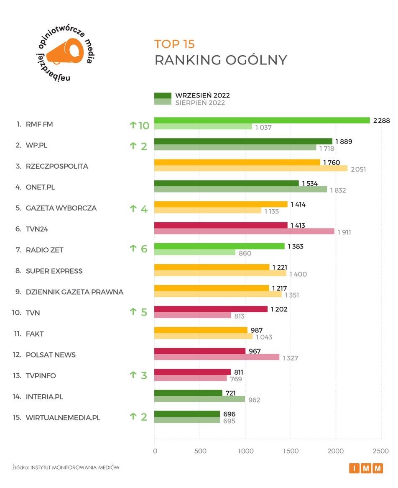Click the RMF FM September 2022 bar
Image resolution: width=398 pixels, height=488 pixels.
click(x=262, y=121)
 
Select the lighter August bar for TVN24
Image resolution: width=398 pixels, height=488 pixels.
click(x=244, y=231)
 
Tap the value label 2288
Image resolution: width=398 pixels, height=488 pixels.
click(x=381, y=121)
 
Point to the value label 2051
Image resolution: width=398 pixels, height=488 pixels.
click(x=357, y=169)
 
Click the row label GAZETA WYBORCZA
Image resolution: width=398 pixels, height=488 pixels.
click(x=61, y=208)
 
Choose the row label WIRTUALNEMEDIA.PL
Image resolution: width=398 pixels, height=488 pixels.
click(x=63, y=418)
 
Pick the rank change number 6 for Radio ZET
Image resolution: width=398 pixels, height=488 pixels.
click(x=144, y=249)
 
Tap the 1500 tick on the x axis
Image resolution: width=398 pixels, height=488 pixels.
click(x=291, y=451)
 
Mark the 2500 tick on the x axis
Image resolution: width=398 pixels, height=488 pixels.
click(x=381, y=451)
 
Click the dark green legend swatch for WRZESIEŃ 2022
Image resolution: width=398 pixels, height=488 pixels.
click(x=163, y=95)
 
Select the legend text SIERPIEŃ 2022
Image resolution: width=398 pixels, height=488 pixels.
click(x=200, y=103)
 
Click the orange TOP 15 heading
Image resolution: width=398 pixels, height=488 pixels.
click(x=174, y=44)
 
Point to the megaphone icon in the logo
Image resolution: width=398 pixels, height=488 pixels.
click(x=65, y=52)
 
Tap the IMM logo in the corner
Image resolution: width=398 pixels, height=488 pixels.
click(x=366, y=468)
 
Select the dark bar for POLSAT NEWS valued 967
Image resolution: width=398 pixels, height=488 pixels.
click(x=200, y=351)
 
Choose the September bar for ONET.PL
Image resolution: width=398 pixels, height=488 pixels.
click(x=227, y=183)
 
